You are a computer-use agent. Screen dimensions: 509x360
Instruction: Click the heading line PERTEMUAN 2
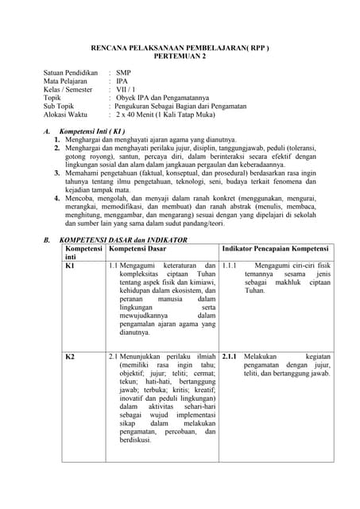[179, 57]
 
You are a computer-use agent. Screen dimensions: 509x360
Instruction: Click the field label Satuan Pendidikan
[70, 72]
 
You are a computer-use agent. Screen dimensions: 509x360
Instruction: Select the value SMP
[124, 72]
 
